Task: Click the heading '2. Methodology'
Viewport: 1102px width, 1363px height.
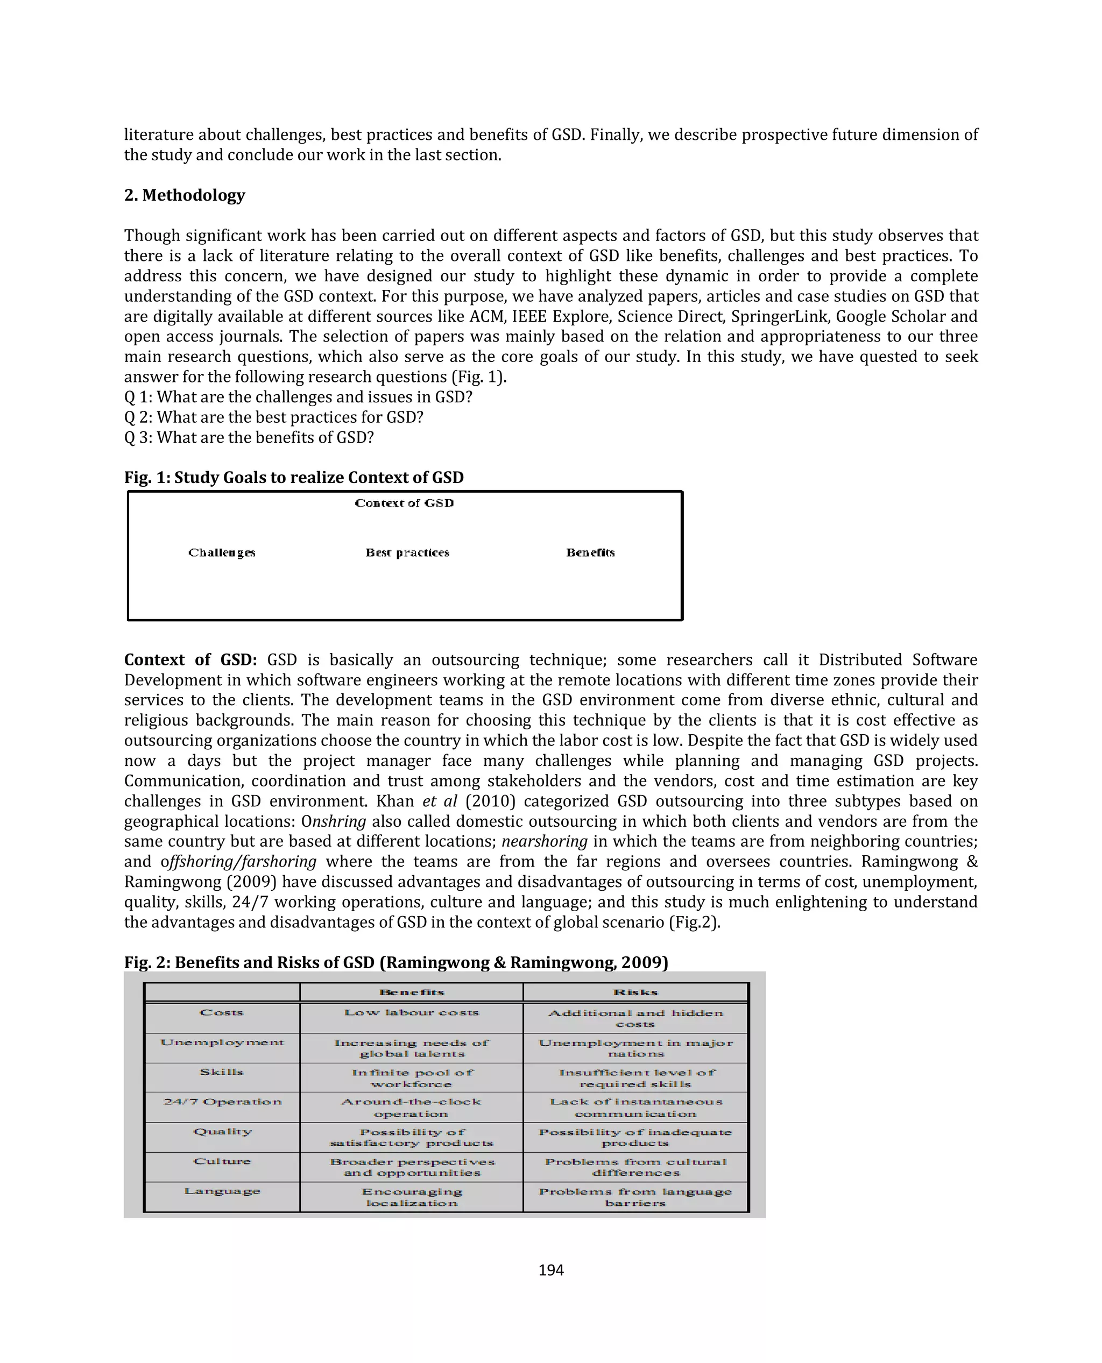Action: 184,195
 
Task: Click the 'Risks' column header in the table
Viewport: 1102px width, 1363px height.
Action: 635,991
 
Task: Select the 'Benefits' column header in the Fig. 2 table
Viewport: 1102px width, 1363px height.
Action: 411,991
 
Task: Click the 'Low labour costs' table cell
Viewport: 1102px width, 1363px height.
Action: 411,1012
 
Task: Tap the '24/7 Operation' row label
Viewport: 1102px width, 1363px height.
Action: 222,1101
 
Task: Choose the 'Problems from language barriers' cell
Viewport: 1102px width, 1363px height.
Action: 635,1197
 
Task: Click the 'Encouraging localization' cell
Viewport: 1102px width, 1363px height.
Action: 411,1197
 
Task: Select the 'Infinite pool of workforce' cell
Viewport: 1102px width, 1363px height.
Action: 411,1077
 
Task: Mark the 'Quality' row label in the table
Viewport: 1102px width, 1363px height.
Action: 222,1131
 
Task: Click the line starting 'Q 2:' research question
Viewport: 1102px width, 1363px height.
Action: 273,417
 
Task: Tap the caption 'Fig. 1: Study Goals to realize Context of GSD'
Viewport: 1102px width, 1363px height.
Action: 293,477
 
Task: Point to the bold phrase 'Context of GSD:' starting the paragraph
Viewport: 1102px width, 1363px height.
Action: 190,659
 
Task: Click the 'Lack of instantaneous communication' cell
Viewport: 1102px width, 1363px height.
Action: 635,1108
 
